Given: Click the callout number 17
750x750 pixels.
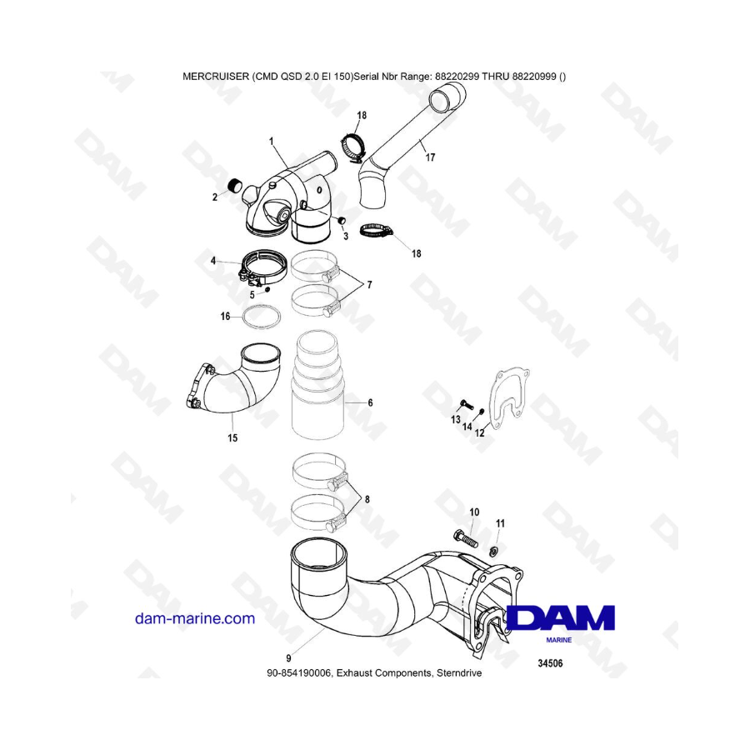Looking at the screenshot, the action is tap(430, 157).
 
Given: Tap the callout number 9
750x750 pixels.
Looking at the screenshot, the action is tap(288, 658).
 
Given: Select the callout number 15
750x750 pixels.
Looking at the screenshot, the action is tap(232, 437).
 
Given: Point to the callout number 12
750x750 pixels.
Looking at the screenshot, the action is tap(479, 432).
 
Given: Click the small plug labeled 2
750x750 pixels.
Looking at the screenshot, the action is tap(234, 185).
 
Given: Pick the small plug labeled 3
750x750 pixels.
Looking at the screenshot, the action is tap(342, 221).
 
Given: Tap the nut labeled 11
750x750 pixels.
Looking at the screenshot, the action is tap(495, 552).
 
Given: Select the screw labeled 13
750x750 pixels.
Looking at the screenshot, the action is tap(466, 405).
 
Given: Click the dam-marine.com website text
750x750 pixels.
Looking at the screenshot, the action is tap(195, 618).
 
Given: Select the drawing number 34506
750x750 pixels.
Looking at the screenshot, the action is tap(550, 663).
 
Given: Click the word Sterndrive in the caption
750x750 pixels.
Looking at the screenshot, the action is tap(460, 673).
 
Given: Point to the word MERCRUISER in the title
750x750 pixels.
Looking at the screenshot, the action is tap(216, 77).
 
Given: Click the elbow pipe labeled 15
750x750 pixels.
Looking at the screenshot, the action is tap(232, 387).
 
